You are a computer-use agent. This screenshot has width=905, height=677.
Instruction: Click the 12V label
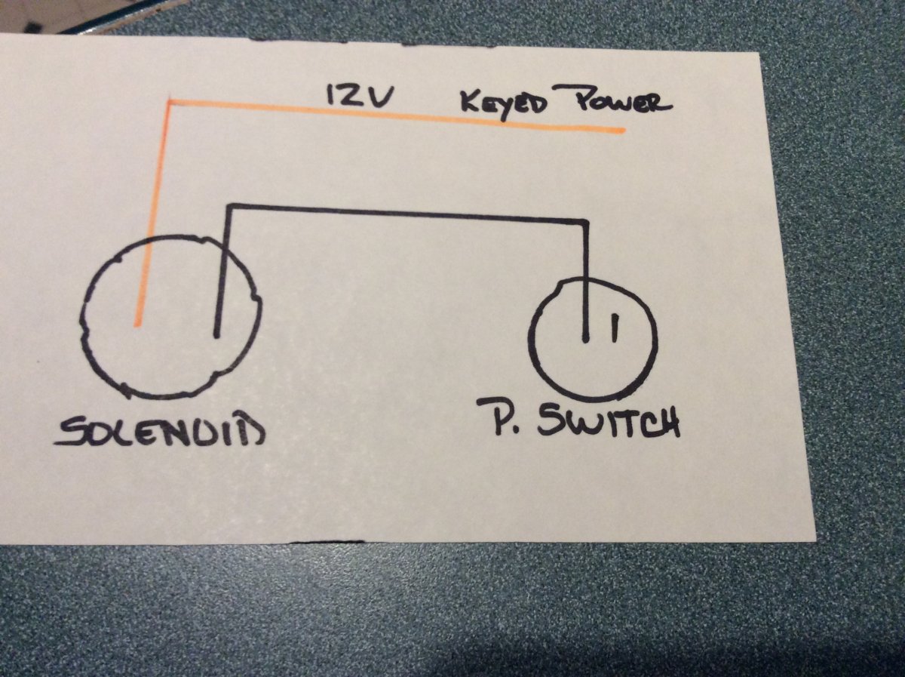click(358, 97)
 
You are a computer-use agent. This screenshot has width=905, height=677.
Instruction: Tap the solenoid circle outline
click(170, 318)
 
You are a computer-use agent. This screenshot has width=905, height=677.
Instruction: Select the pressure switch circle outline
click(593, 341)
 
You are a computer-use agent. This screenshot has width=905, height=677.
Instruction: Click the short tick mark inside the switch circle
click(615, 328)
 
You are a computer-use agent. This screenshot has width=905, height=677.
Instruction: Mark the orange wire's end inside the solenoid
click(138, 325)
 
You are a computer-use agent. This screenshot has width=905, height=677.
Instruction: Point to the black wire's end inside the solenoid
click(216, 335)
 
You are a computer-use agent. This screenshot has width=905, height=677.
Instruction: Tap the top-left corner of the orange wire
click(170, 101)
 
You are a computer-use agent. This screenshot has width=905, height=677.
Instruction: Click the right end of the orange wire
click(624, 131)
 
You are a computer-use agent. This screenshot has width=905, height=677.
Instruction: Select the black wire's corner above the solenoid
click(230, 205)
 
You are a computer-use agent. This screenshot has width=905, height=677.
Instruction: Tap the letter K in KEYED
click(470, 103)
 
